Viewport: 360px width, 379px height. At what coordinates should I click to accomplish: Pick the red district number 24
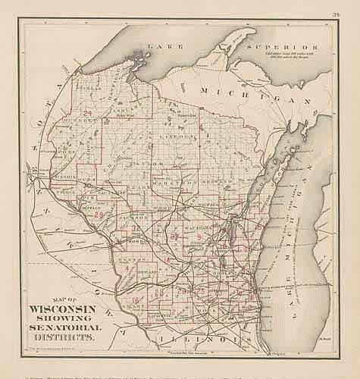pyautogui.click(x=89, y=114)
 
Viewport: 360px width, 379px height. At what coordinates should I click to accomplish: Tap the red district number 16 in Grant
pyautogui.click(x=135, y=302)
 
